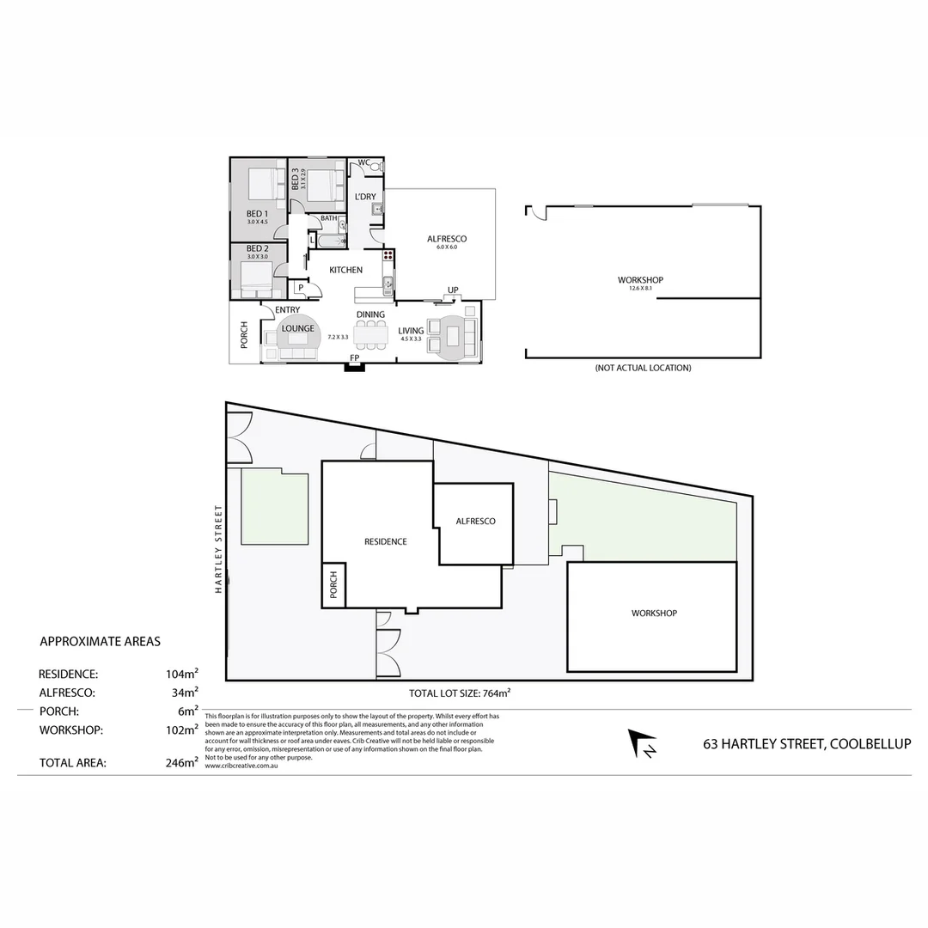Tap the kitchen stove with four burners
coord(388,254)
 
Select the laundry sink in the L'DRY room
coord(377,207)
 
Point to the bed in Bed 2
coord(255,278)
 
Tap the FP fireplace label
coord(353,357)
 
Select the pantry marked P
coord(301,288)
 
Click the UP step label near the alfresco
coord(451,290)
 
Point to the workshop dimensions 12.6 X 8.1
coord(640,289)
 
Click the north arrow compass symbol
coord(641,744)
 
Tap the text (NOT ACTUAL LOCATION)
coord(643,368)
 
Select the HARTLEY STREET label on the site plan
coord(219,548)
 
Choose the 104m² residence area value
coord(182,675)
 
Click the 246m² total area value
coord(182,762)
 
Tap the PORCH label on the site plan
coord(333,586)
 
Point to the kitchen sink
coord(388,284)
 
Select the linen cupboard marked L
coord(311,240)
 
